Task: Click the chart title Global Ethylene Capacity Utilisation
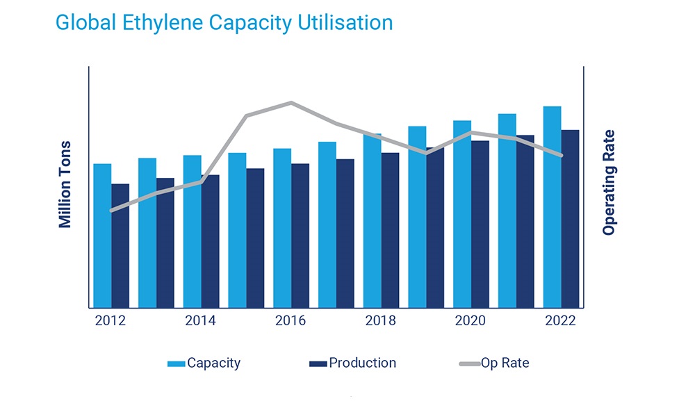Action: (x=224, y=22)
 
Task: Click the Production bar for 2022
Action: (x=570, y=218)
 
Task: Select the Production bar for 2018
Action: (x=390, y=230)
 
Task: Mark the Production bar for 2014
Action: (x=210, y=240)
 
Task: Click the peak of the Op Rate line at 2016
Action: (x=291, y=103)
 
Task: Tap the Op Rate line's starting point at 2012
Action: (x=111, y=210)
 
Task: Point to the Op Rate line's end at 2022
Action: (x=562, y=155)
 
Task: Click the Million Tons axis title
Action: (x=65, y=184)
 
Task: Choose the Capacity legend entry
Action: (x=205, y=363)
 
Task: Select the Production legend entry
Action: (x=353, y=363)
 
